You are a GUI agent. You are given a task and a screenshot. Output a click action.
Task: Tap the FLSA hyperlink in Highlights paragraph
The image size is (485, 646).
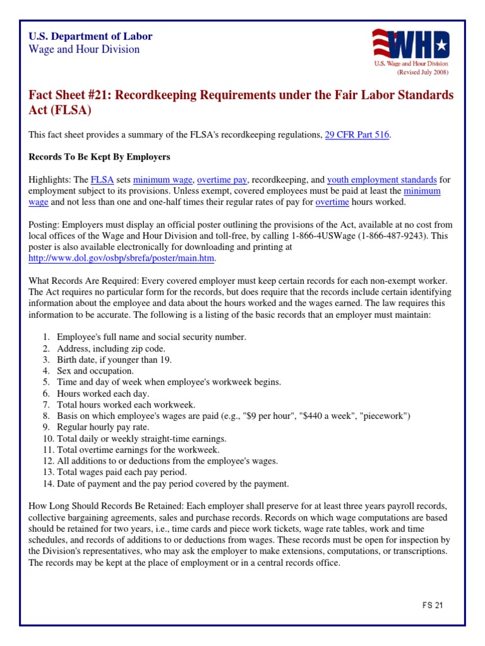(101, 179)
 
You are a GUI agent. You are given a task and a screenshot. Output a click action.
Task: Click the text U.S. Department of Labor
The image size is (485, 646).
(91, 37)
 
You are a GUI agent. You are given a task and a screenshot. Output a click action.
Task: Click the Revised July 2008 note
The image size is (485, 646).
(422, 73)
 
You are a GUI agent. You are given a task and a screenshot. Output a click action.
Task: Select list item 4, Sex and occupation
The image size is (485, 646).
(95, 371)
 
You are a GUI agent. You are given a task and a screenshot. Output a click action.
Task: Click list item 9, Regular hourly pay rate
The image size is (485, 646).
(101, 427)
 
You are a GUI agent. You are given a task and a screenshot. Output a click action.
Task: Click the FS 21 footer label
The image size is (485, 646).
(433, 605)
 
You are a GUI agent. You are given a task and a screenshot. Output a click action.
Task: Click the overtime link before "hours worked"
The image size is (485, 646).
(332, 202)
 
